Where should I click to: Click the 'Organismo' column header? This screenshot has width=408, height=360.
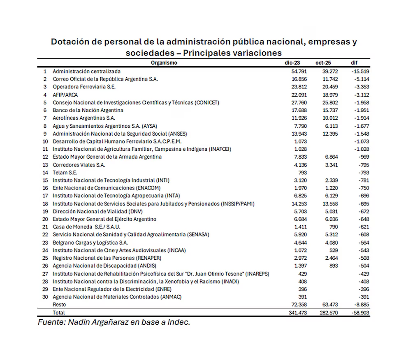tap(164, 63)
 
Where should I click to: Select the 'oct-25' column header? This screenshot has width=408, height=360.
tap(323, 63)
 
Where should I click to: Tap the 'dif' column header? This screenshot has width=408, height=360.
tap(354, 63)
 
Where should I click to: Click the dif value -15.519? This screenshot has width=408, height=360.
tap(360, 71)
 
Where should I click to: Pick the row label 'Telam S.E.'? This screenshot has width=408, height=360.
tap(65, 172)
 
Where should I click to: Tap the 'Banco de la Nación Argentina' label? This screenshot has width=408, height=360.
tap(88, 110)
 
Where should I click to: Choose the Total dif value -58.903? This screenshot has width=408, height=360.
tap(360, 312)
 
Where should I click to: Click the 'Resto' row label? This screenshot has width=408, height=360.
tap(59, 305)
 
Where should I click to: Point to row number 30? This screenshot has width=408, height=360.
tap(45, 297)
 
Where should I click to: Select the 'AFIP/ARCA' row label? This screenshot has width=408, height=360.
tap(65, 95)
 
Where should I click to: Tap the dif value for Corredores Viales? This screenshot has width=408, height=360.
tap(362, 164)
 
